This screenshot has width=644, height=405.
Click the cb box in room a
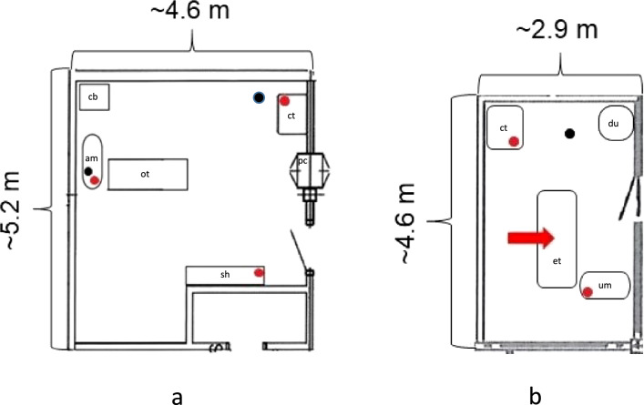[94, 97]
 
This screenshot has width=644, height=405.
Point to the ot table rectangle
[147, 174]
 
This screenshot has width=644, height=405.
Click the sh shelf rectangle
[225, 275]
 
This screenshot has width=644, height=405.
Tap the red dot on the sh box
[259, 273]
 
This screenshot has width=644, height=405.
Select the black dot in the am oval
[87, 171]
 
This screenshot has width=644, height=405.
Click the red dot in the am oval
[95, 180]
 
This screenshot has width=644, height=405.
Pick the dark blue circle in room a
[260, 97]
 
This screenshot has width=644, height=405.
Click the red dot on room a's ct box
[284, 101]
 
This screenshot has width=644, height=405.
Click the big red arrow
[530, 238]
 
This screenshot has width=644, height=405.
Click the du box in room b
[616, 125]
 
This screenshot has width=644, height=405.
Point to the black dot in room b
[569, 133]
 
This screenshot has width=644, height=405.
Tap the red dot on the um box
[588, 292]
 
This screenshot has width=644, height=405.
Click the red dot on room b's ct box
[514, 141]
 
